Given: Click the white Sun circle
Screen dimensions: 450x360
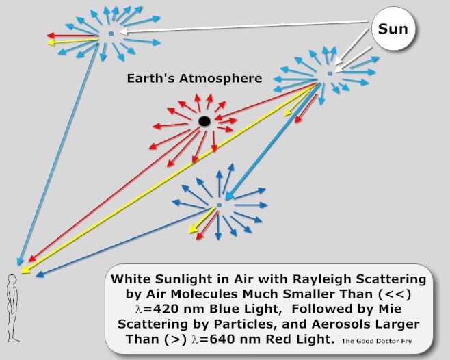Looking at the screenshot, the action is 393,29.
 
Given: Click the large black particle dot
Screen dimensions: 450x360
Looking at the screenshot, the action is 204,121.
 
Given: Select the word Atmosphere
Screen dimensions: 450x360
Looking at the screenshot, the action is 221,79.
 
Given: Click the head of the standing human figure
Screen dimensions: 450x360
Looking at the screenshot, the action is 12,280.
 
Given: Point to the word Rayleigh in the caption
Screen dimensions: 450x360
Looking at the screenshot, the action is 323,279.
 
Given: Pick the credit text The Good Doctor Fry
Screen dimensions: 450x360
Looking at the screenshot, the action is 377,341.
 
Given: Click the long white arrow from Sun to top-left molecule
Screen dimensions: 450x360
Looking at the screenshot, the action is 243,27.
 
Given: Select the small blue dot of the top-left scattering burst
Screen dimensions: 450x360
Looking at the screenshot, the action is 111,34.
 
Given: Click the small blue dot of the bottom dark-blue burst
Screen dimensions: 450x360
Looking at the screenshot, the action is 220,205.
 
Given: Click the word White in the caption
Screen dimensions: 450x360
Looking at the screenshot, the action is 131,279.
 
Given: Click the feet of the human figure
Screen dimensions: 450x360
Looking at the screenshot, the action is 14,340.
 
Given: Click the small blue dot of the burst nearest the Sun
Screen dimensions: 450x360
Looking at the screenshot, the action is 330,73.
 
